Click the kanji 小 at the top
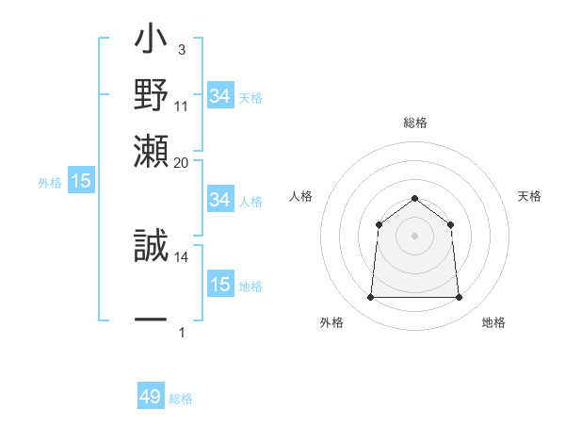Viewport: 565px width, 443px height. point(151,44)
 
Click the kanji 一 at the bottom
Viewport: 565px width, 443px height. point(151,320)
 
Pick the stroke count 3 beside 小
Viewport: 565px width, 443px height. point(181,49)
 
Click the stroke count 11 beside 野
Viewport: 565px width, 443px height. point(182,106)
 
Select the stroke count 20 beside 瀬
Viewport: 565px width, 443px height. point(182,162)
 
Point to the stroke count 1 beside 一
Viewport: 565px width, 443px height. point(181,333)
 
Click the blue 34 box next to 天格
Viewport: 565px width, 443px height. point(219,96)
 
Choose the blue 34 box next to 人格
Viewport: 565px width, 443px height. point(219,200)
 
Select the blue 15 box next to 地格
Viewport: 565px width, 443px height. point(219,285)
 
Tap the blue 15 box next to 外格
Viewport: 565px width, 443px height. point(81,182)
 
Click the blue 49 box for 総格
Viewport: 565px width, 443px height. point(151,397)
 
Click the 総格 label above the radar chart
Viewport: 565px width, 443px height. point(414,123)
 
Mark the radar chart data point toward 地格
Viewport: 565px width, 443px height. point(459,298)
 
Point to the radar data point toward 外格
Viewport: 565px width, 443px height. point(370,298)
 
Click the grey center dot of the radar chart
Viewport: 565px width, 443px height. point(414,236)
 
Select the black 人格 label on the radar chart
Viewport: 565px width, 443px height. point(301,196)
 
